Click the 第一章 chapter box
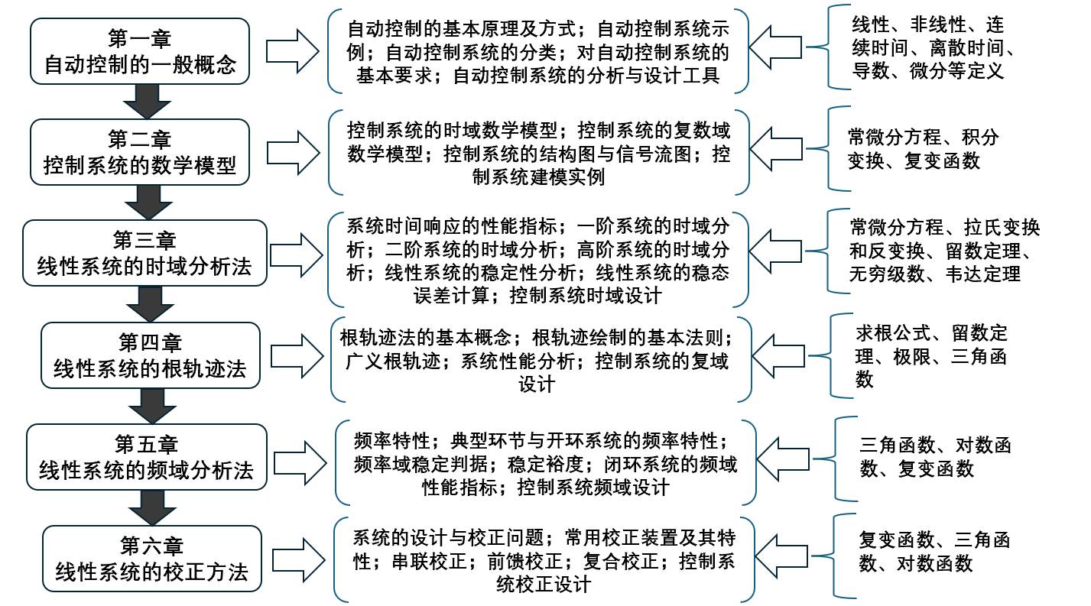pyautogui.click(x=141, y=51)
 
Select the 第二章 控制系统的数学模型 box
pyautogui.click(x=141, y=152)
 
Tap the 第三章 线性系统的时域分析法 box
pyautogui.click(x=144, y=254)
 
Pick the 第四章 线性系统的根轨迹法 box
pyautogui.click(x=150, y=355)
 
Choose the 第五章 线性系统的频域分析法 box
pyautogui.click(x=146, y=456)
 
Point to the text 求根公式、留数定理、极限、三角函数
pyautogui.click(x=930, y=356)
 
